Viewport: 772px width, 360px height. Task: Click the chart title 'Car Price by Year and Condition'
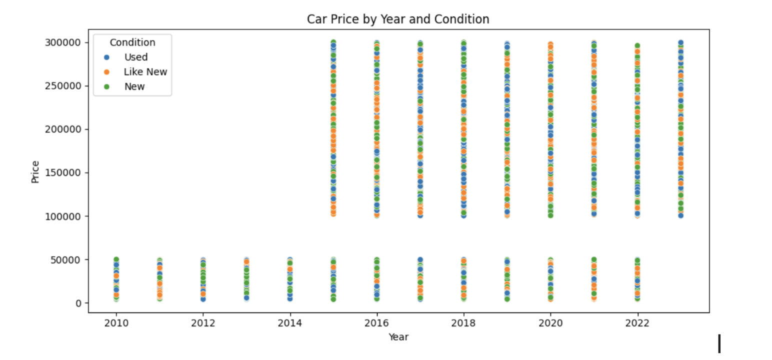(x=397, y=19)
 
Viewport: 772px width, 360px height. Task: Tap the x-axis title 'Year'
(x=398, y=337)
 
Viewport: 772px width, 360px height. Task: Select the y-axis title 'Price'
(x=35, y=172)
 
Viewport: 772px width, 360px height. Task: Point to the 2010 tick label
(x=116, y=323)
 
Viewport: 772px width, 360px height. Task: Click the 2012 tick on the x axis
(x=203, y=323)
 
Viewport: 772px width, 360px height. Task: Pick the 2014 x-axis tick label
(x=289, y=323)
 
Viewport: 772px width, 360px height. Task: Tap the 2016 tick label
(x=376, y=323)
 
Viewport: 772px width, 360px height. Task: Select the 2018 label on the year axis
(x=463, y=323)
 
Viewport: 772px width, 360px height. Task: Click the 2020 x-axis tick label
(x=550, y=323)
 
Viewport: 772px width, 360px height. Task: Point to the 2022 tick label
(x=637, y=323)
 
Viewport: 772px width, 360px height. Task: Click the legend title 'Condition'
(x=132, y=42)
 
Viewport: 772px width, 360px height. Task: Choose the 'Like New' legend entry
(x=145, y=72)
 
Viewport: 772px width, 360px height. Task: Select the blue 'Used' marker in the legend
(x=106, y=57)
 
